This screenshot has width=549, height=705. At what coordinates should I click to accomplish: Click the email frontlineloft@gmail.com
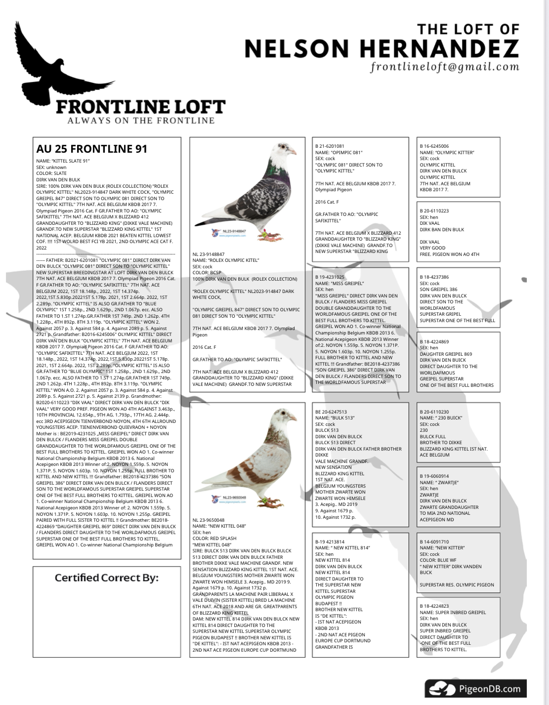click(x=445, y=67)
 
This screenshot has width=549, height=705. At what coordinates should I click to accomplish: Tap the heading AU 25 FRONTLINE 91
click(x=91, y=149)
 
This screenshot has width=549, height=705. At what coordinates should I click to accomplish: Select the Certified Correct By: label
click(x=107, y=578)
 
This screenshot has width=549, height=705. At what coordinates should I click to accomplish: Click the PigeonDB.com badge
click(x=475, y=688)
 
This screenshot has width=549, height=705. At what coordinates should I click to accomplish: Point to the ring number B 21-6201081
click(x=330, y=146)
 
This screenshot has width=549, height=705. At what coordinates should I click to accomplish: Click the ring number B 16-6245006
click(x=434, y=146)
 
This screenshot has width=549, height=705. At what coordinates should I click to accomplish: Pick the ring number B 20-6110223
click(x=434, y=211)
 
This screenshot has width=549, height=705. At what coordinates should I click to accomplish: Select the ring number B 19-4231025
click(x=330, y=277)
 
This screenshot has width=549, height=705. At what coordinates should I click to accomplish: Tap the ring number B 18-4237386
click(x=434, y=277)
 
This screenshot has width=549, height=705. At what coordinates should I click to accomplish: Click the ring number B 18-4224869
click(x=434, y=342)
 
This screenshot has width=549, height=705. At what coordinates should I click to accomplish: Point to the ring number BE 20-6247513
click(x=331, y=412)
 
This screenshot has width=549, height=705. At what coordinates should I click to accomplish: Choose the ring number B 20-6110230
click(x=434, y=412)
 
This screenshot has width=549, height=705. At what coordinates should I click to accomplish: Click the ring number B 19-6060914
click(x=434, y=476)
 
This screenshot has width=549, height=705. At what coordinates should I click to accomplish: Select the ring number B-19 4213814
click(x=330, y=541)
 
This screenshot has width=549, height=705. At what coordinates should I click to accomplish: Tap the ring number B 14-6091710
click(x=434, y=541)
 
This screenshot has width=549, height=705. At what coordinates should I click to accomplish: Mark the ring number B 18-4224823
click(x=434, y=606)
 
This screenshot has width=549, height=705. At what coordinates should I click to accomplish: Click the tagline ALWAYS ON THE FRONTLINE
click(x=141, y=121)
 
